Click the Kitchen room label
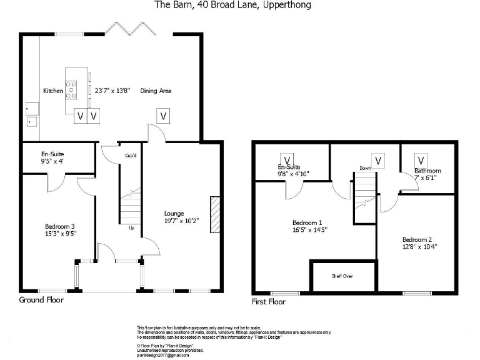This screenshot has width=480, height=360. click(x=53, y=91)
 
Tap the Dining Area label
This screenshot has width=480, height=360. click(x=156, y=91)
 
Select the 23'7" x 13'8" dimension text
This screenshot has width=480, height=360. click(x=112, y=91)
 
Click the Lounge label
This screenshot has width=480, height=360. click(x=174, y=213)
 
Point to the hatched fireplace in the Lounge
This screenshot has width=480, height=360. click(x=215, y=214)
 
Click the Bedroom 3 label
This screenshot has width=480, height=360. click(x=60, y=226)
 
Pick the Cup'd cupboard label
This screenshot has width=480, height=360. click(x=131, y=156)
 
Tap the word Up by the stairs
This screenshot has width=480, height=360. click(x=131, y=227)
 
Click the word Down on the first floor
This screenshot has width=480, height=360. click(x=365, y=168)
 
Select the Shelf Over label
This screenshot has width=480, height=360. click(x=342, y=276)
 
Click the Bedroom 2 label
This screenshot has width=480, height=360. click(x=417, y=239)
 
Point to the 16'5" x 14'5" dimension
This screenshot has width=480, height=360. click(x=310, y=229)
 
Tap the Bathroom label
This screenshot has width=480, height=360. click(x=427, y=171)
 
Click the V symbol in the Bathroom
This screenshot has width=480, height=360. click(x=421, y=160)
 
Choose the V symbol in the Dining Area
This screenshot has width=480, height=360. click(x=163, y=116)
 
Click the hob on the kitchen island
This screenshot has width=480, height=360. click(x=71, y=90)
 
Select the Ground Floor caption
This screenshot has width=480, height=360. click(x=41, y=300)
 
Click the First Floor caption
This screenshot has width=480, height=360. click(x=269, y=301)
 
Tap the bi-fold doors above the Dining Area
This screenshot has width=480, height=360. click(x=131, y=28)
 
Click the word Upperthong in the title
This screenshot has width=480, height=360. click(x=287, y=5)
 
